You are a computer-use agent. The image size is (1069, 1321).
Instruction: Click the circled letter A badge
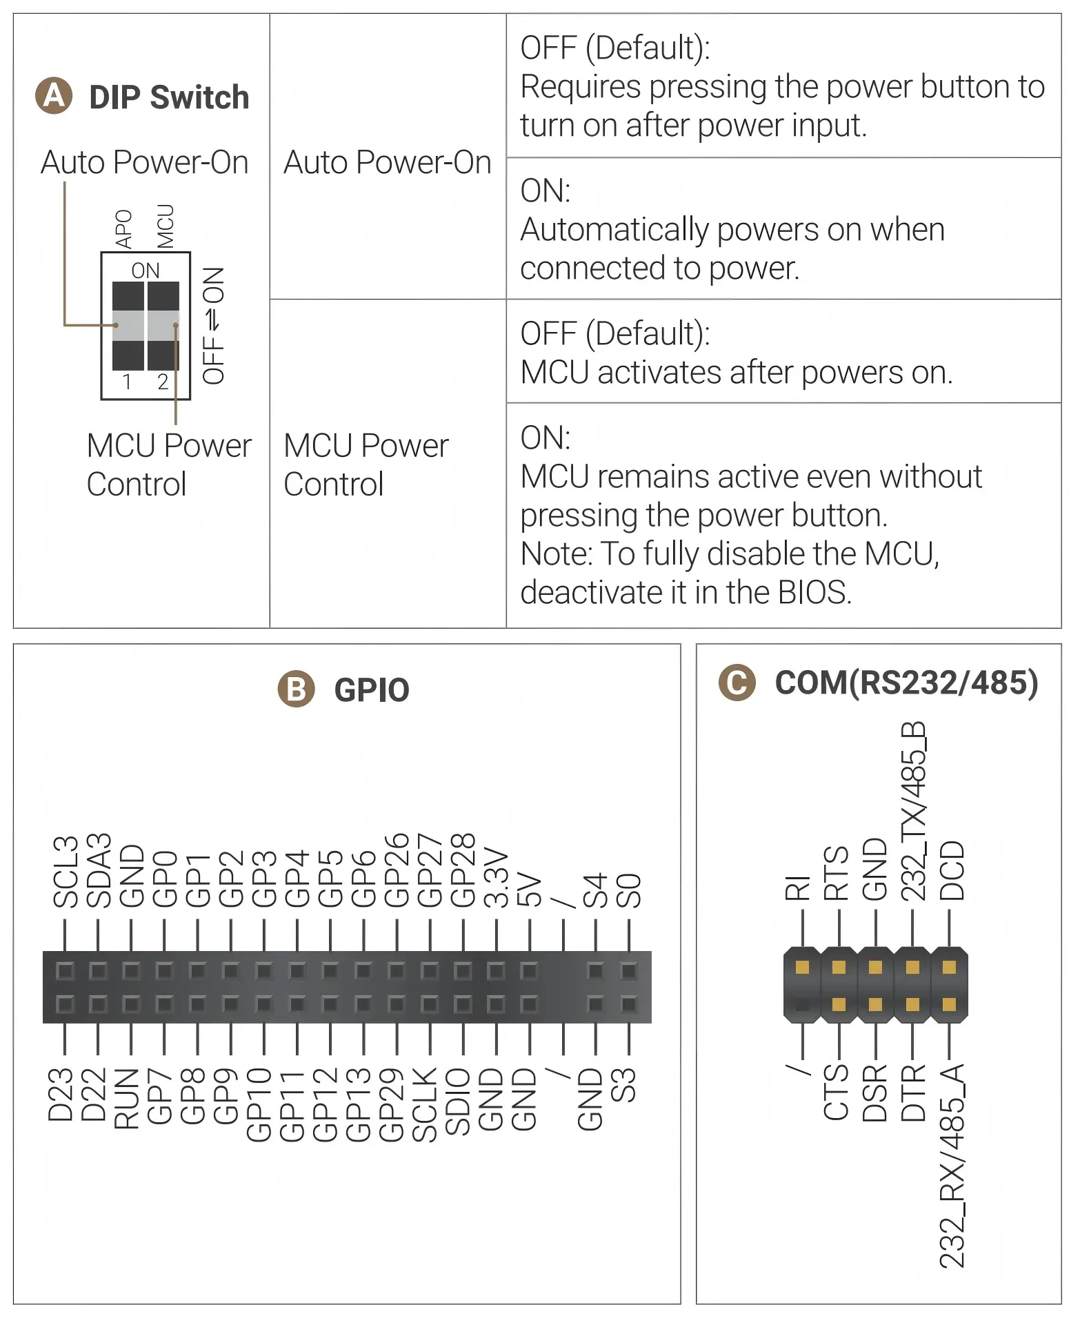[54, 95]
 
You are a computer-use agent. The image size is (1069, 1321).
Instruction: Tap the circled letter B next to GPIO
[297, 689]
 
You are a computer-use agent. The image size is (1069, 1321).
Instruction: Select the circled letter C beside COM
[737, 683]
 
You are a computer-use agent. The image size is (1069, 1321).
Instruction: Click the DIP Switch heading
[169, 97]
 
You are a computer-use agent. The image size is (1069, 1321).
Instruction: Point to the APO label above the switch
[123, 229]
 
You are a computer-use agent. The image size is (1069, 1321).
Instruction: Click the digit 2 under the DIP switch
[163, 382]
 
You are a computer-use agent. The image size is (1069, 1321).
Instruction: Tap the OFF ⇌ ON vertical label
[213, 325]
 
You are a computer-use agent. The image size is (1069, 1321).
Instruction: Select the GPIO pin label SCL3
[66, 871]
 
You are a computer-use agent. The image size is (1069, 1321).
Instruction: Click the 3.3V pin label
[497, 877]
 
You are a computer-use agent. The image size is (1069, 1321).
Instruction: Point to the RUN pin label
[126, 1099]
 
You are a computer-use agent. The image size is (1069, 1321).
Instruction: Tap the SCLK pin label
[424, 1105]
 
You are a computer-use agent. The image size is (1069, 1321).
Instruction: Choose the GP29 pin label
[391, 1105]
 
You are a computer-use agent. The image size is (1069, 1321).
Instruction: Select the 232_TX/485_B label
[913, 811]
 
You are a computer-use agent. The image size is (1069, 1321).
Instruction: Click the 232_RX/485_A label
[952, 1166]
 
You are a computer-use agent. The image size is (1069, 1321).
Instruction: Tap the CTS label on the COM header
[836, 1092]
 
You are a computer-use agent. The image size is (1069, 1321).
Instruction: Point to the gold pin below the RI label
[802, 968]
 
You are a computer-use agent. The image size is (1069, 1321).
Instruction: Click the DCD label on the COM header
[952, 870]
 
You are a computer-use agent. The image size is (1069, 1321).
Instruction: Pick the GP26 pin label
[397, 870]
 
